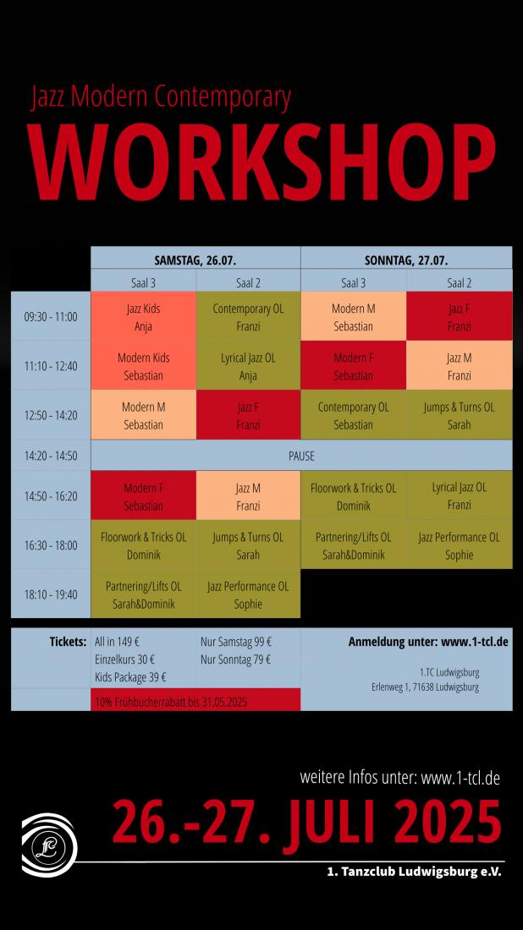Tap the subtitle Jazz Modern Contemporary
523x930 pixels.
pos(161,98)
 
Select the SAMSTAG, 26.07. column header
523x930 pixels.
pos(195,260)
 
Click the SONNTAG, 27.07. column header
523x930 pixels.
pos(405,260)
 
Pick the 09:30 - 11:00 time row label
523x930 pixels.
pos(51,317)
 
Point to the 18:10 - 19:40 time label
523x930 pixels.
pos(51,594)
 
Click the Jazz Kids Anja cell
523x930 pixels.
pos(143,317)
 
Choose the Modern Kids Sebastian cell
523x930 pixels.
pos(143,366)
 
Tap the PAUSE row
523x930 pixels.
pos(301,456)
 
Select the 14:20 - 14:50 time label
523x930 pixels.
pos(51,456)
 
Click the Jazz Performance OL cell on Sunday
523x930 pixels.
pos(459,545)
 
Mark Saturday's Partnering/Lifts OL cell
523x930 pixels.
pos(143,594)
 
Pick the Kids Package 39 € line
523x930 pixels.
pos(130,676)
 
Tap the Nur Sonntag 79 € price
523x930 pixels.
pos(235,659)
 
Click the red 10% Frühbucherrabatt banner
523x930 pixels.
pos(195,701)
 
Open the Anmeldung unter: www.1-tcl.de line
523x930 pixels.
pos(427,642)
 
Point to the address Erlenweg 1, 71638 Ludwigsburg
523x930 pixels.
pos(425,687)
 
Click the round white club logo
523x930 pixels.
pos(48,843)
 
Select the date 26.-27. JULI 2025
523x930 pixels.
pos(306,823)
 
